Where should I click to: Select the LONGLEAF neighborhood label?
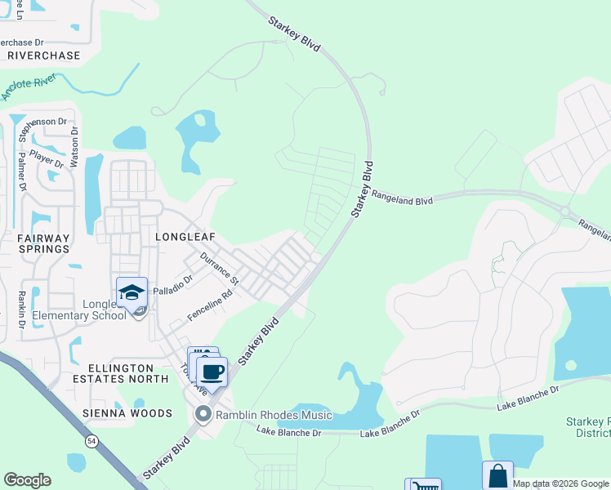[x=185, y=237]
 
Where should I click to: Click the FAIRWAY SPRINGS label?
[x=43, y=245]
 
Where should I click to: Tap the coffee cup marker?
[x=212, y=372]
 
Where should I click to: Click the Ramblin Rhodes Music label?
[x=274, y=415]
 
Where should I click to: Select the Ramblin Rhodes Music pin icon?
[x=203, y=415]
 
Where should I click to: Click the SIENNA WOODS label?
[x=127, y=413]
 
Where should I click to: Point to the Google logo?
[x=27, y=480]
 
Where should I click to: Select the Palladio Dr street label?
[x=172, y=285]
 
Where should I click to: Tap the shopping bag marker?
[x=497, y=476]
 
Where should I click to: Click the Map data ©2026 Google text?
[x=560, y=483]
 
